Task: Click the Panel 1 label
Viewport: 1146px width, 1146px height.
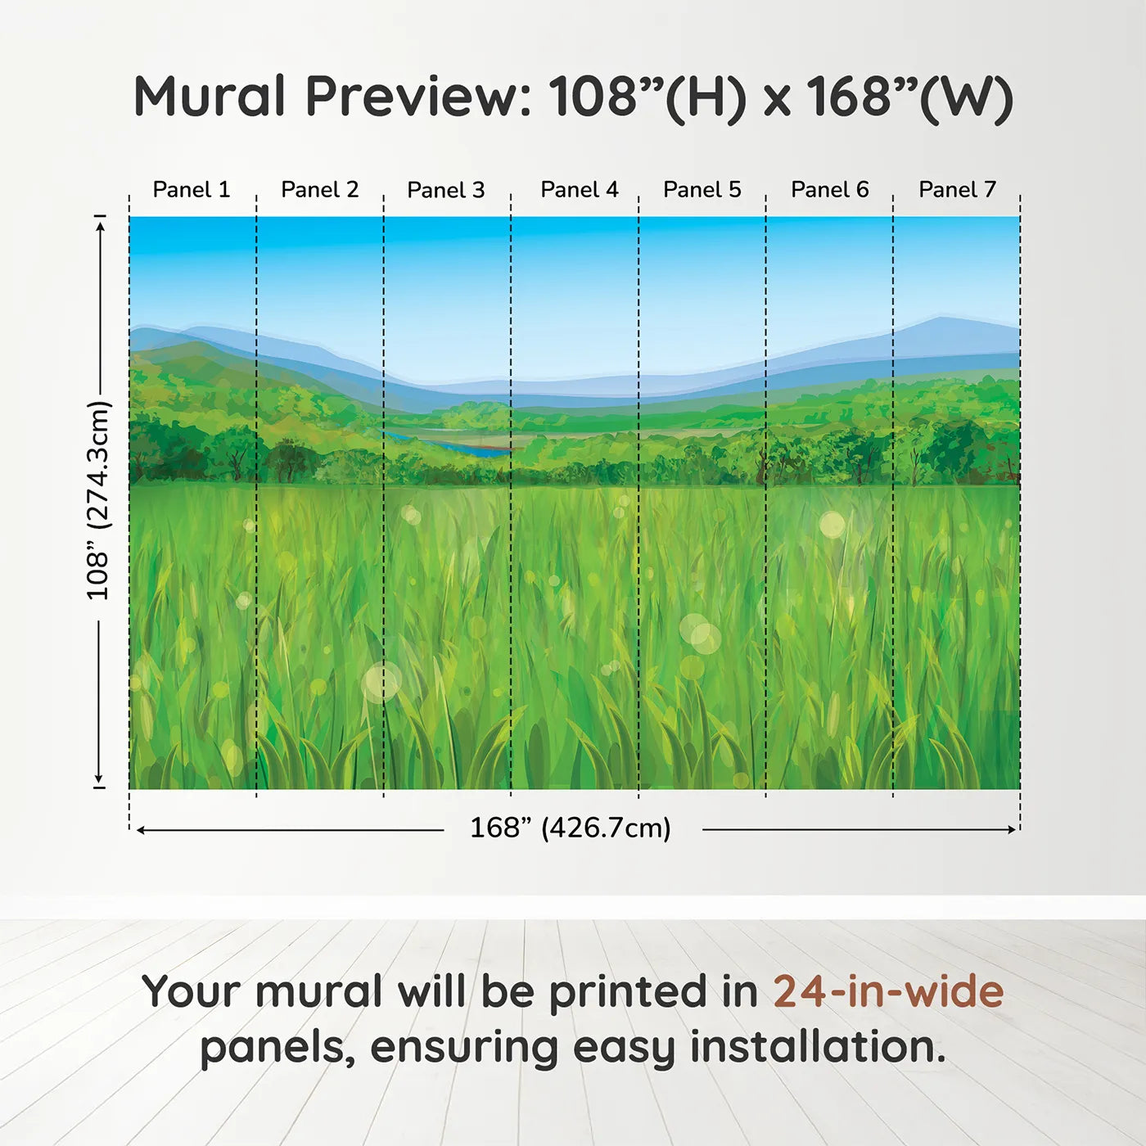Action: coord(192,190)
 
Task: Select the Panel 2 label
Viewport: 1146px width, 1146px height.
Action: coord(320,190)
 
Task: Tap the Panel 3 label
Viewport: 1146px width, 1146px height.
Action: coord(446,190)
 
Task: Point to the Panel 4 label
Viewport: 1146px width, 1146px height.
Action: coord(580,190)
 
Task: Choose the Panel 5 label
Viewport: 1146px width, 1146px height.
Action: coord(702,190)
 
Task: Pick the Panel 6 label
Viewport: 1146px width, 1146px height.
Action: coord(829,190)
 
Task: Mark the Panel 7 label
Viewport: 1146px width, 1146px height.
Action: coord(957,190)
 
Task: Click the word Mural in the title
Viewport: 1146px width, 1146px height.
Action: coord(210,97)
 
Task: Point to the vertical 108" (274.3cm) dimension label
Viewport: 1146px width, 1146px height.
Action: coord(98,500)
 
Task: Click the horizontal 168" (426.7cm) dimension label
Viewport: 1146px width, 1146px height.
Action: coord(571,828)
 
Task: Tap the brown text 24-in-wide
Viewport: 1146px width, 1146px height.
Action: coord(888,992)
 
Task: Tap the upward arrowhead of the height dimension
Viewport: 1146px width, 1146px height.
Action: coord(100,225)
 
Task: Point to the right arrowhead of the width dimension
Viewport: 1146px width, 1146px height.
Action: coord(1012,830)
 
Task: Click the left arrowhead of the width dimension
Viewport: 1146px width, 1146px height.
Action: coord(141,830)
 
